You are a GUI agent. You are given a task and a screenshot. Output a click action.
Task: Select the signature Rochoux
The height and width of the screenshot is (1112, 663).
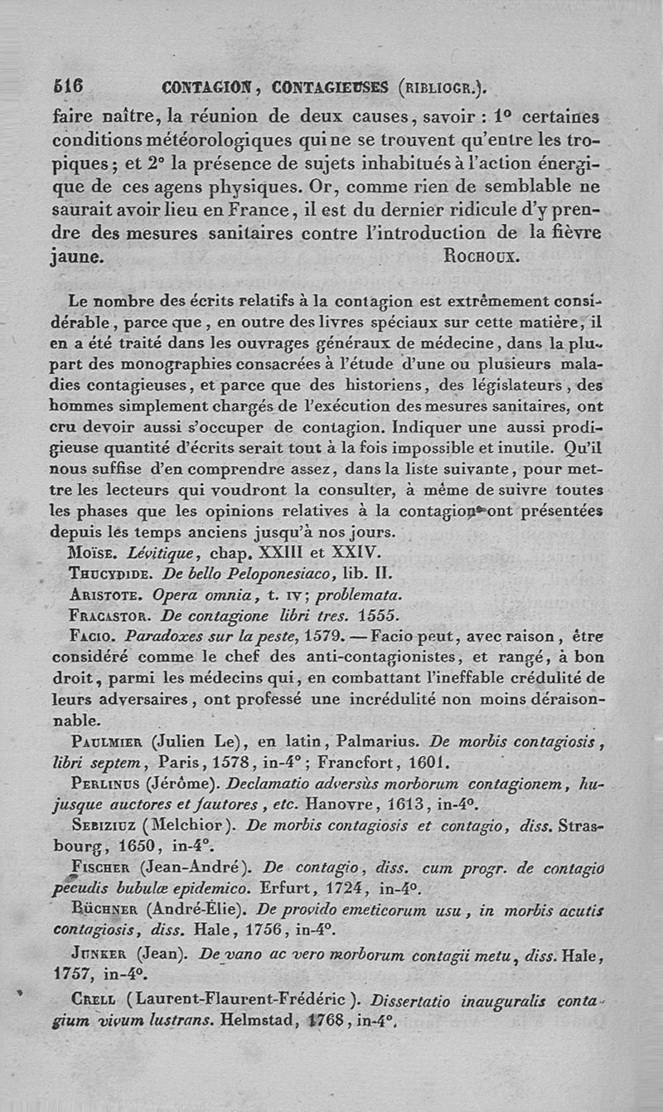tap(482, 255)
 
